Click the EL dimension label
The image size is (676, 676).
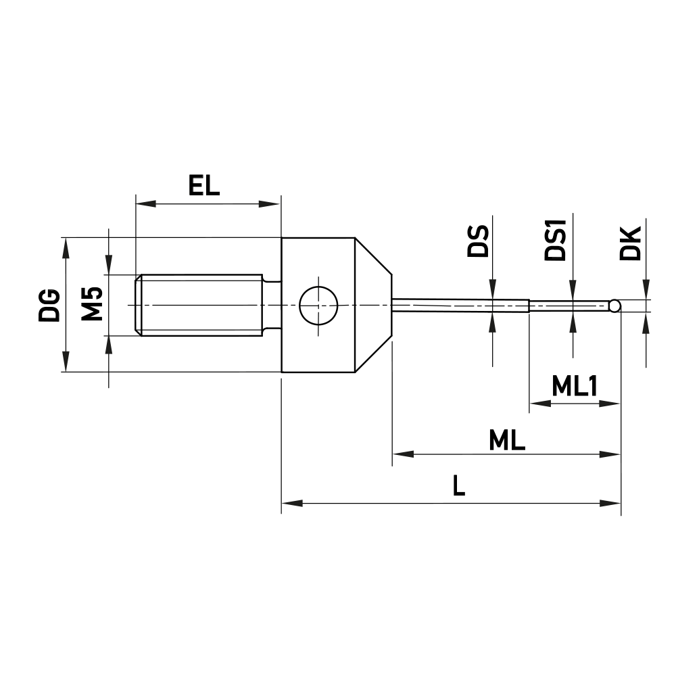(204, 186)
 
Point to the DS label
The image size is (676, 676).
(478, 241)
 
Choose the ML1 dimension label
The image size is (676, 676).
(574, 387)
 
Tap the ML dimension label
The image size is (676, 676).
(507, 441)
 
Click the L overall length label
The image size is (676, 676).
(459, 487)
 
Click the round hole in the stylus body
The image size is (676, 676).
(318, 306)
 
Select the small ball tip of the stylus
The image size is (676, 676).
(614, 306)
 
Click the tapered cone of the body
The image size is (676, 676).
(373, 304)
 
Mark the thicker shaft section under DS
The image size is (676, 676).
(460, 306)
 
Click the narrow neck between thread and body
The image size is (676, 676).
(272, 305)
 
